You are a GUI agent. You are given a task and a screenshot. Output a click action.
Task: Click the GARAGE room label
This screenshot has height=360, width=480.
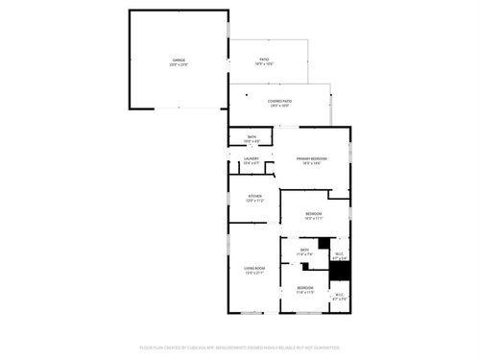[179, 59]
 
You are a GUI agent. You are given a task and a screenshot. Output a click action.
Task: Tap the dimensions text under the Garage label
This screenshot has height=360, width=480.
[179, 63]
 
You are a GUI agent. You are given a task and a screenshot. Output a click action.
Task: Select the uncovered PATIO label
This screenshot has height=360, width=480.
[263, 59]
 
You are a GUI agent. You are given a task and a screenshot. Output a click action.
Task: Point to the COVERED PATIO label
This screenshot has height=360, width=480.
[280, 101]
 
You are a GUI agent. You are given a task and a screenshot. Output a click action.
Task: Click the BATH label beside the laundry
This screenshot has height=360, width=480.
[252, 137]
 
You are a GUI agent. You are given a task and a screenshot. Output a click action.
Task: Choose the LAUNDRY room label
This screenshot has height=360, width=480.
[251, 158]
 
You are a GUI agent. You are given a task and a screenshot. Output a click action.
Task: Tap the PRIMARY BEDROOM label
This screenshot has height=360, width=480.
[312, 158]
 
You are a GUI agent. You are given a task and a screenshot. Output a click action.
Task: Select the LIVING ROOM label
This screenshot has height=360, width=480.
[253, 268]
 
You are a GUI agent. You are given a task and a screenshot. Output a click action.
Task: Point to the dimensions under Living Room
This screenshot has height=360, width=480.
[253, 274]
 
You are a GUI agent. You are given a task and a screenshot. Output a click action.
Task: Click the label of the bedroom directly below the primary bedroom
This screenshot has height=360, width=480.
[314, 213]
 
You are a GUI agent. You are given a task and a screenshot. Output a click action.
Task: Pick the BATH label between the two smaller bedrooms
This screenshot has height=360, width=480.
[304, 250]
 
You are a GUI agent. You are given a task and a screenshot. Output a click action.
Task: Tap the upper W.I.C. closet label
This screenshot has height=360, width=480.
[339, 253]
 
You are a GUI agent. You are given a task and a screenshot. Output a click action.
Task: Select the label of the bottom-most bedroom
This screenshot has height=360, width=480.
[305, 287]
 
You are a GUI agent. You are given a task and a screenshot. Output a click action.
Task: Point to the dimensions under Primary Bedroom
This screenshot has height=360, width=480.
[312, 163]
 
